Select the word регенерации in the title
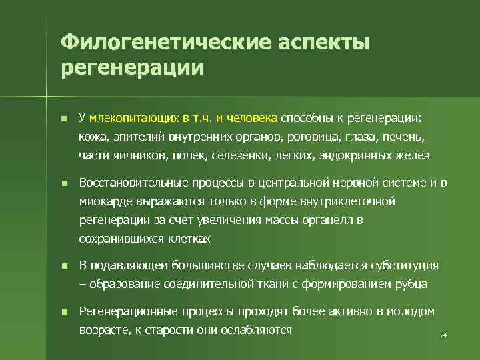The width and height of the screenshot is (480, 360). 132,68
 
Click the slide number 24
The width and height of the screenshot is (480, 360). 443,335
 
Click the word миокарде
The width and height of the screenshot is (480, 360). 101,201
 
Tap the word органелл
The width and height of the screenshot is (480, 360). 325,219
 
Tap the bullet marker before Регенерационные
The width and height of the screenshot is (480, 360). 63,312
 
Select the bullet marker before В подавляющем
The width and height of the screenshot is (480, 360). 63,266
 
